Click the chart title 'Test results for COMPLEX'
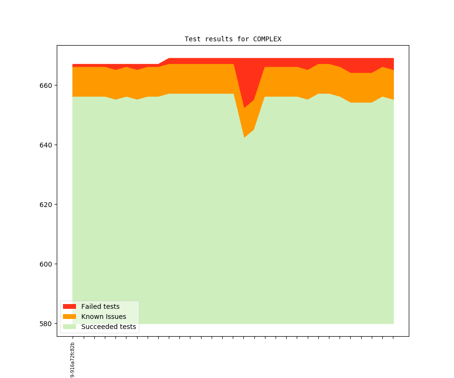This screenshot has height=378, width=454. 233,39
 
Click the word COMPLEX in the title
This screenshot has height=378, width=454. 267,39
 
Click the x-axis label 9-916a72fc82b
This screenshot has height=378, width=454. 73,359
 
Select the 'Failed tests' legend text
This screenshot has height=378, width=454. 100,306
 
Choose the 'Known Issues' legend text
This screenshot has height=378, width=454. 103,317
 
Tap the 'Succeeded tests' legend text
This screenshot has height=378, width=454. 108,327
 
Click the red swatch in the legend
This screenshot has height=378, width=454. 69,306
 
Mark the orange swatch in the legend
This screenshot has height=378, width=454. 69,317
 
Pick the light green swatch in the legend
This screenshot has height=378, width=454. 69,327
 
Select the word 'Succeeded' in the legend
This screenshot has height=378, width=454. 98,327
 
